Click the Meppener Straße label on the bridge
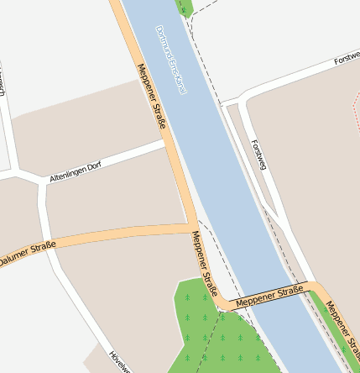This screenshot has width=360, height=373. pyautogui.click(x=269, y=296)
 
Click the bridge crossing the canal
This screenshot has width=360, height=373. pyautogui.click(x=269, y=297)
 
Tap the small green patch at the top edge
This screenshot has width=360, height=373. pyautogui.click(x=185, y=7)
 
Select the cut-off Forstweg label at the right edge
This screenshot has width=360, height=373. pyautogui.click(x=346, y=60)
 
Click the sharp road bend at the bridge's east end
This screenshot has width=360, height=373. pyautogui.click(x=316, y=288)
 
